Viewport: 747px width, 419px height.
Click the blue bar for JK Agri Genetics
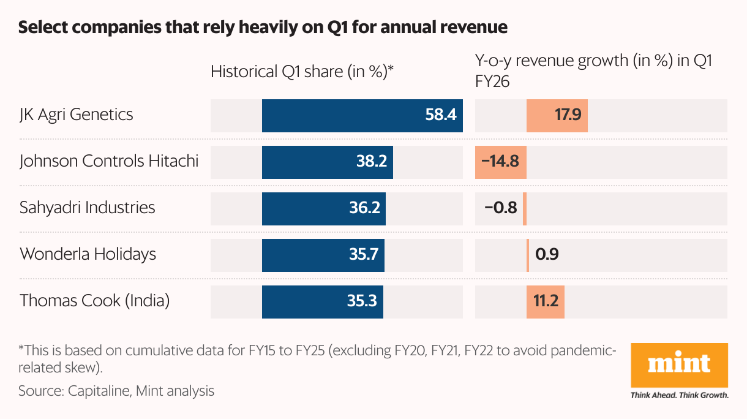click(362, 115)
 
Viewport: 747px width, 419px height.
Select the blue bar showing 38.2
click(328, 161)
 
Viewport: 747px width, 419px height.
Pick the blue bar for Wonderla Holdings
click(323, 254)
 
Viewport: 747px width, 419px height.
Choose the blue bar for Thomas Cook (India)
click(323, 301)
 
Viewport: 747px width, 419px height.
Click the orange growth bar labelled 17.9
click(557, 115)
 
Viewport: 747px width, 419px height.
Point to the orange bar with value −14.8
click(501, 161)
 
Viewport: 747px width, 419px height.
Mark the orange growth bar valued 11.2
click(545, 301)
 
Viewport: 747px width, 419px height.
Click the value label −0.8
click(500, 208)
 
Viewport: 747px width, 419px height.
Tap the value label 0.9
click(547, 254)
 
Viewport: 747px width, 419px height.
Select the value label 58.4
click(441, 115)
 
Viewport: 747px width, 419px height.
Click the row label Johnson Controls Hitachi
click(109, 161)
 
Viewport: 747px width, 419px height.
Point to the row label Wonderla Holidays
click(88, 254)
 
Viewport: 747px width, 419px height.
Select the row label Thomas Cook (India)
click(94, 301)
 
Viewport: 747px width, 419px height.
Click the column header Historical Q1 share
click(301, 72)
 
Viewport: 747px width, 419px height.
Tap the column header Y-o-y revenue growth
click(593, 61)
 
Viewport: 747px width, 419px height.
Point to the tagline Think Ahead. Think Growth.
click(679, 395)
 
